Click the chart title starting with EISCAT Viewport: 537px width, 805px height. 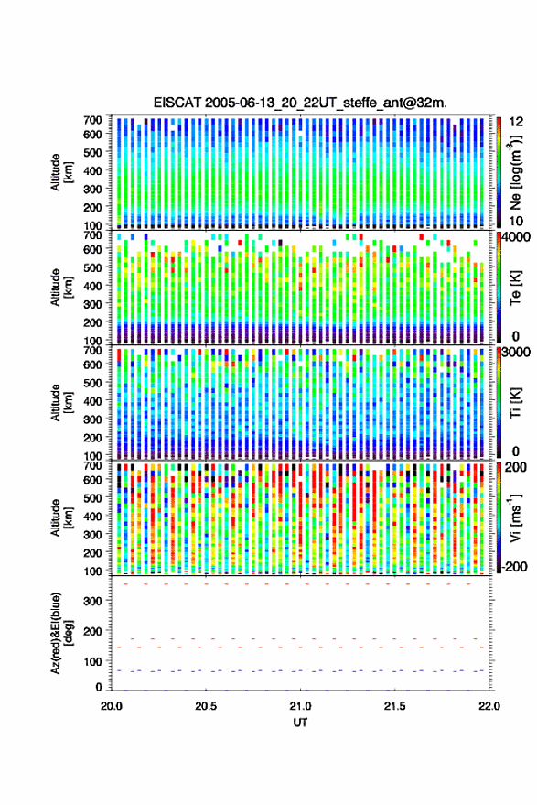[300, 103]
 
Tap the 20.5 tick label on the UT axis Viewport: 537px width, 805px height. [206, 706]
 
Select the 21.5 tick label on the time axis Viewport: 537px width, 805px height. [394, 706]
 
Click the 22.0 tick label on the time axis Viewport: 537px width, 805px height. [489, 706]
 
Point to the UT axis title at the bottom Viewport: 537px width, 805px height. [300, 723]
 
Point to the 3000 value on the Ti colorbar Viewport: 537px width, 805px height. [515, 353]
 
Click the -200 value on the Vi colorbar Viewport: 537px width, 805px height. [515, 567]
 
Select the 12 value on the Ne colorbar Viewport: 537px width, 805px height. [516, 122]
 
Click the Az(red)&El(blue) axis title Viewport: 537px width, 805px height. [61, 633]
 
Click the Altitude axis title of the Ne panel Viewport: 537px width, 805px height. [61, 172]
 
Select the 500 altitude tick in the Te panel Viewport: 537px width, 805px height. [92, 267]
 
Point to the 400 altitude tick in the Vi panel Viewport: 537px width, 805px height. [92, 516]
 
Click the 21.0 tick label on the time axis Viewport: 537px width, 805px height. [300, 706]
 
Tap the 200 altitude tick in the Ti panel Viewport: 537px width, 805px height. [92, 438]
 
